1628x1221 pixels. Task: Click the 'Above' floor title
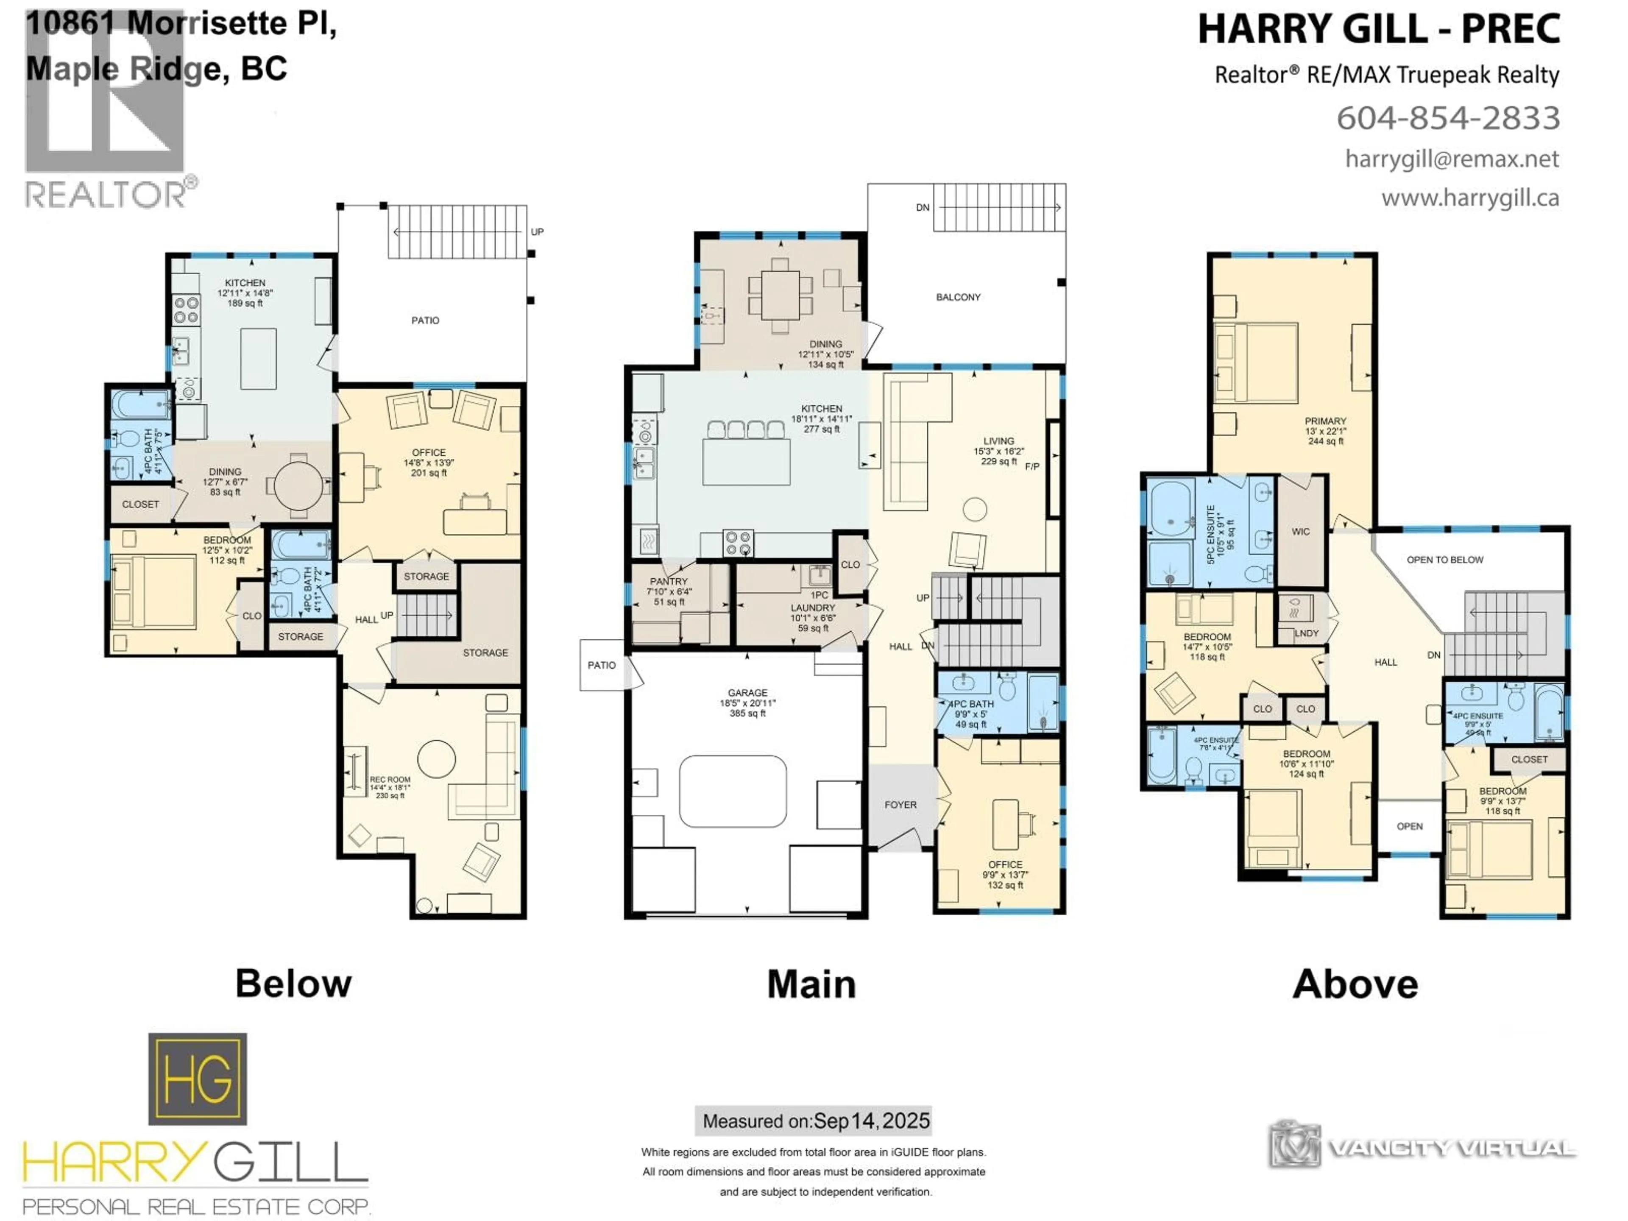1355,984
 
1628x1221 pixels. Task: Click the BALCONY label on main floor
958,297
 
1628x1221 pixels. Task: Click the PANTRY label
668,581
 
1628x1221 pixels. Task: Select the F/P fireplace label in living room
1032,467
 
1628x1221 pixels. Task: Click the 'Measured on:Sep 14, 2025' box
813,1121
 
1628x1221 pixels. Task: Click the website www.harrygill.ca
1470,198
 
